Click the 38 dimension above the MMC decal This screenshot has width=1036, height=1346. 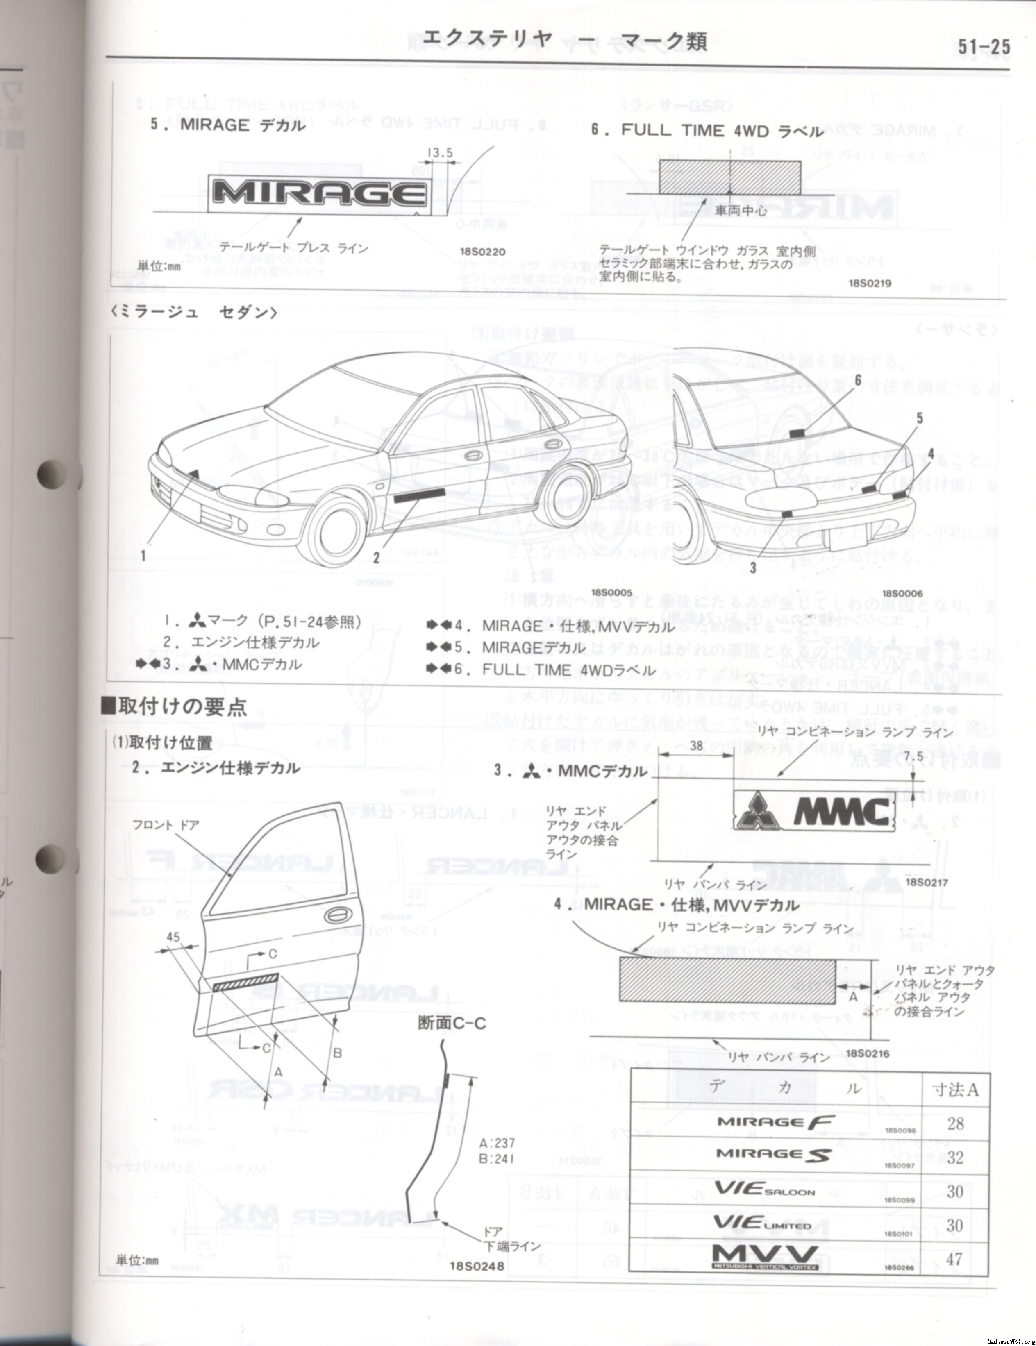(696, 746)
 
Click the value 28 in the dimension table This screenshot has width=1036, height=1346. (955, 1124)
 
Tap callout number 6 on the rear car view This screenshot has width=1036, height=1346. (857, 380)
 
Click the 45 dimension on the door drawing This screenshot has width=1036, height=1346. (173, 937)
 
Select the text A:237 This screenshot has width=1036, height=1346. (496, 1143)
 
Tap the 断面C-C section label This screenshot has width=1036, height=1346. (452, 1023)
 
